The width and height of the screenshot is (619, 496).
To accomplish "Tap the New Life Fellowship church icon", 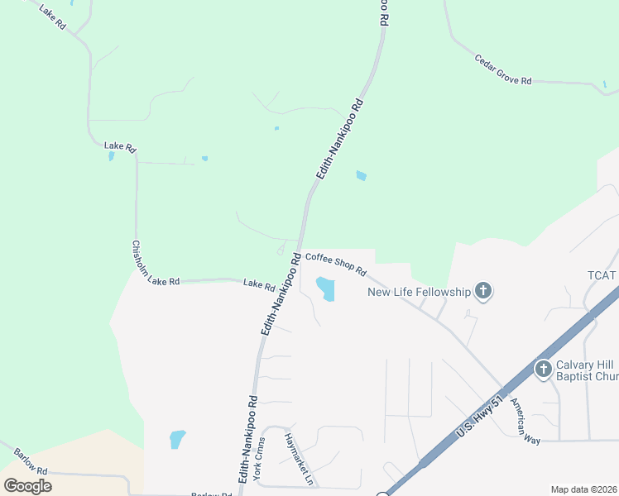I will click(x=483, y=291).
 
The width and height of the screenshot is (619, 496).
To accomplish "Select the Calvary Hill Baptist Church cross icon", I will click(x=543, y=369).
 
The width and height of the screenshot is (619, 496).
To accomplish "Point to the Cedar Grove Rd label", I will click(x=503, y=70).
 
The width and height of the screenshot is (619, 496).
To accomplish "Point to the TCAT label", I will click(x=602, y=275).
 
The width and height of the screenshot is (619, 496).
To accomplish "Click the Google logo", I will click(x=28, y=486).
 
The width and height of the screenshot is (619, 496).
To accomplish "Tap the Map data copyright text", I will click(x=583, y=489).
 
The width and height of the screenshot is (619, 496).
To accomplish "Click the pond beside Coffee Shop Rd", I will click(x=325, y=289).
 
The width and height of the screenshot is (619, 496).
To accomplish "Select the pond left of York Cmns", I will click(x=177, y=439).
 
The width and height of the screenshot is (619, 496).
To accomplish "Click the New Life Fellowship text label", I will click(x=419, y=291).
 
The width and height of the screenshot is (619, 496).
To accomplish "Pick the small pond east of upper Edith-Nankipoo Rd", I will click(x=361, y=175).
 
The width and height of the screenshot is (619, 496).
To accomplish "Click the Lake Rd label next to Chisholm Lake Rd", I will click(x=259, y=285).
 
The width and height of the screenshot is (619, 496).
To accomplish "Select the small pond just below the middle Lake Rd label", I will click(x=112, y=155).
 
